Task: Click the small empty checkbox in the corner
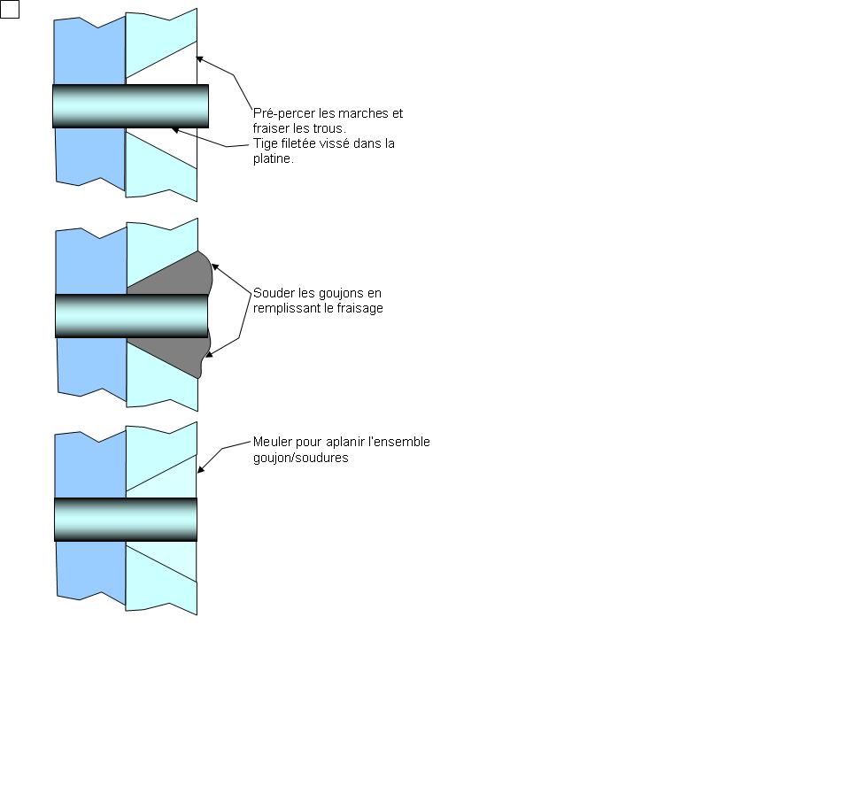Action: [x=10, y=10]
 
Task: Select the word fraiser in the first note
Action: [x=273, y=128]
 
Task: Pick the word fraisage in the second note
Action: [x=358, y=308]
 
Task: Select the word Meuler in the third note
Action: [x=273, y=442]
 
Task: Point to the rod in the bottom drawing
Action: [x=125, y=520]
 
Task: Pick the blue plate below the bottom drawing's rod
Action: [x=89, y=575]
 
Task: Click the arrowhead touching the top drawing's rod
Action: [x=175, y=130]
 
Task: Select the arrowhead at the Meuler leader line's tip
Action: [x=201, y=469]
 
